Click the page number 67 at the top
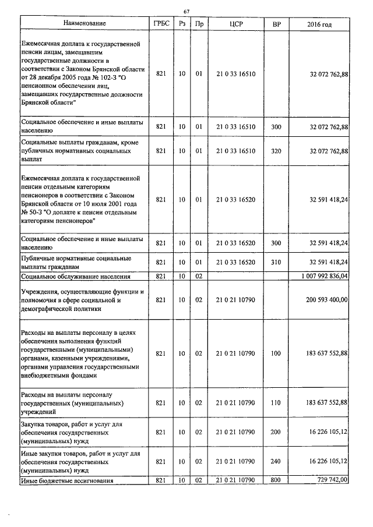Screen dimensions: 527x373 [186, 11]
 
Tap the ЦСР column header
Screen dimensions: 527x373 [236, 24]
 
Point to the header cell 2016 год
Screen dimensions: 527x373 [319, 24]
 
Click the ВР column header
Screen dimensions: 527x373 [276, 24]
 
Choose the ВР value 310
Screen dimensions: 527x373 [276, 262]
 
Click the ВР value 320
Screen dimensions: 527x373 [276, 151]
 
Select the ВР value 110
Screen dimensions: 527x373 [276, 402]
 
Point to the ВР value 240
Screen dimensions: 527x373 [276, 461]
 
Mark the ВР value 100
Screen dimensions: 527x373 [276, 353]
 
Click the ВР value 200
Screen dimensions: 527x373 [276, 432]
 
